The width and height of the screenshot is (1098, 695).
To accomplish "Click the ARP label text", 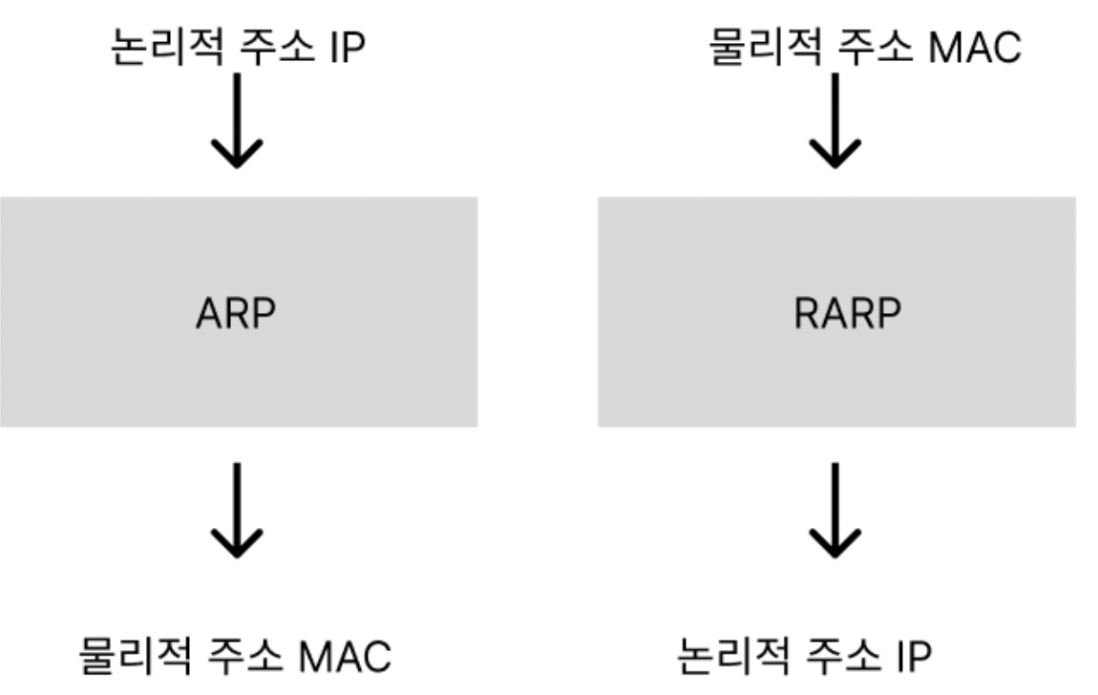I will click(x=236, y=313).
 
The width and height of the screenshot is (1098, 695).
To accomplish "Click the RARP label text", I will click(x=847, y=313).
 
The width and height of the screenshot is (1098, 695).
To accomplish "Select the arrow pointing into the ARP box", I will click(x=236, y=121).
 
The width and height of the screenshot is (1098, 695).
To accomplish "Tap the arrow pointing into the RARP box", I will click(x=835, y=121).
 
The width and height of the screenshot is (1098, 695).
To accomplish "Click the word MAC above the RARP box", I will click(x=974, y=45).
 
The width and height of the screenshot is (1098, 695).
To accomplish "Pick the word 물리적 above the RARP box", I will click(x=760, y=45).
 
